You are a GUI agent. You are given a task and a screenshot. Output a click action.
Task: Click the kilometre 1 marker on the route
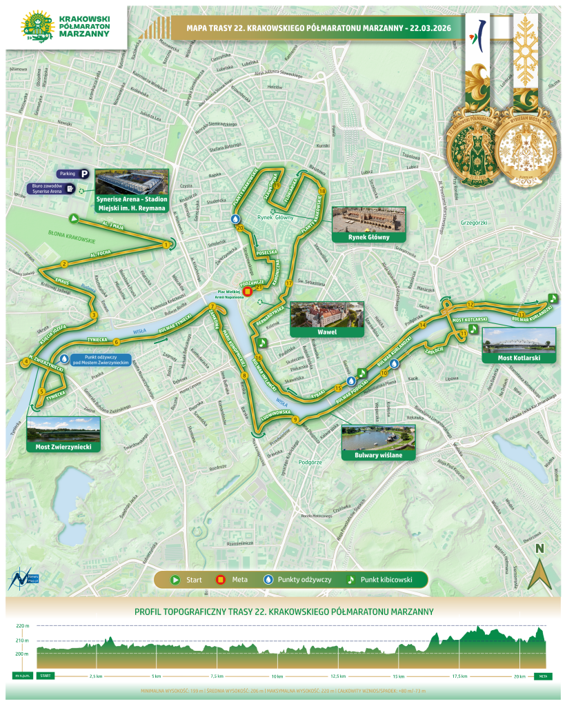(166, 245)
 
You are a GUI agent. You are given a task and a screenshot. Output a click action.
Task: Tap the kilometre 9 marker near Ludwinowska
(295, 420)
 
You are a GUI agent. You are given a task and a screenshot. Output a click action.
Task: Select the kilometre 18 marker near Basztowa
(321, 190)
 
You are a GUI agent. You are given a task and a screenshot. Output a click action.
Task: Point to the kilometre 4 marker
(26, 361)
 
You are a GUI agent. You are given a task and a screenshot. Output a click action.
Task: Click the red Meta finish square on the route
(248, 291)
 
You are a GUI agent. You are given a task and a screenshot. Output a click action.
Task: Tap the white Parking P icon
(86, 175)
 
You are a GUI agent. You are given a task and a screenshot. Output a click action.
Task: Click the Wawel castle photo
(326, 314)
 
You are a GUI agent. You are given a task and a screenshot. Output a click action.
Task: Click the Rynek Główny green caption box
(369, 237)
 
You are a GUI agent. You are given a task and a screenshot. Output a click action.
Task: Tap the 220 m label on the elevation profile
(23, 626)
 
